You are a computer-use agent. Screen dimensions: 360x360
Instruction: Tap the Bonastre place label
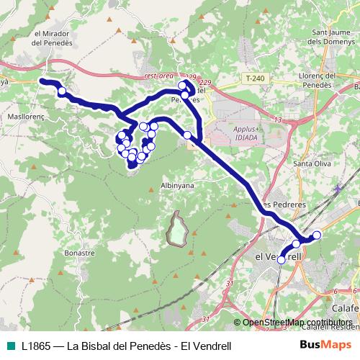tap(79, 253)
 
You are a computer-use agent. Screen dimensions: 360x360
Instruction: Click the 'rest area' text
tap(159, 76)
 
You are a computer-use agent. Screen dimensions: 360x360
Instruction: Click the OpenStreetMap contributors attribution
tap(297, 323)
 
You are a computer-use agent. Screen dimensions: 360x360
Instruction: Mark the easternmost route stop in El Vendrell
tap(316, 235)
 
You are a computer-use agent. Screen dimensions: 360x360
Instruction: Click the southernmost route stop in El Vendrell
tap(282, 259)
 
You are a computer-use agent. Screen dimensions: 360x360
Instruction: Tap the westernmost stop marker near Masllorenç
tap(63, 91)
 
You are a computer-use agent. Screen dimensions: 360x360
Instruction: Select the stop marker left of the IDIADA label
tap(188, 135)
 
